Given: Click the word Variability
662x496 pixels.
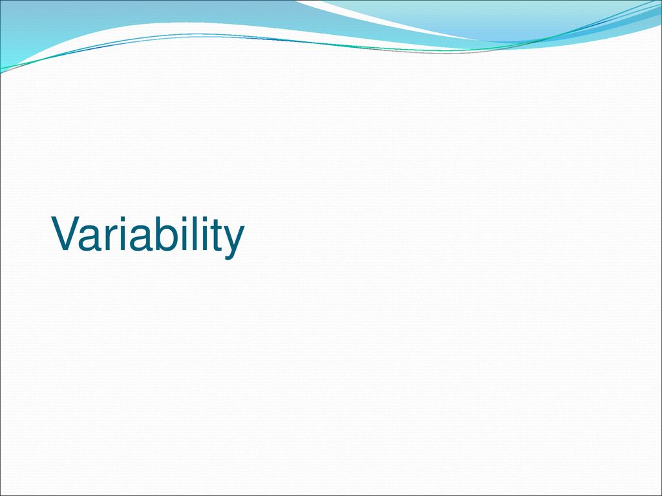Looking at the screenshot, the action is coord(148,237).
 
